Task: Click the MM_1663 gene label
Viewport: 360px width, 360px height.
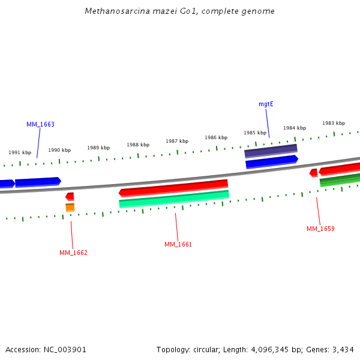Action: [40, 124]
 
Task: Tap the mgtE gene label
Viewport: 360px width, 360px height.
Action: [266, 104]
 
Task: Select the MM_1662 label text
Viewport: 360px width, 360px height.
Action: [73, 253]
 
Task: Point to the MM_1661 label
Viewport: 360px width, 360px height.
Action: [178, 244]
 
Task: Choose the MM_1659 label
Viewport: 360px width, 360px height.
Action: [320, 229]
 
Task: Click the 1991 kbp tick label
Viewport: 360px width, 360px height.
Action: [20, 152]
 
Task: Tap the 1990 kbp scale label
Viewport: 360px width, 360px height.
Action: [59, 150]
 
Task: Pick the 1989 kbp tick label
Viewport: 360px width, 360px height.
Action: [98, 148]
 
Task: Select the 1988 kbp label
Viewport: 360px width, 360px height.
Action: [138, 145]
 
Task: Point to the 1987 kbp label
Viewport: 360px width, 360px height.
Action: [177, 141]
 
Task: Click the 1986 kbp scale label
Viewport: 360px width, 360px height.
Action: [216, 137]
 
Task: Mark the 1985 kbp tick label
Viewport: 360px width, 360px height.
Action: [255, 133]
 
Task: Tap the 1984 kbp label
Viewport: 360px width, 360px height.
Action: [295, 128]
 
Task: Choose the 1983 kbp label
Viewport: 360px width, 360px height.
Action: [334, 123]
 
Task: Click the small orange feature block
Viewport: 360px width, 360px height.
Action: [70, 208]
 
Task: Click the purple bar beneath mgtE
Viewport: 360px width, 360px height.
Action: [271, 151]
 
